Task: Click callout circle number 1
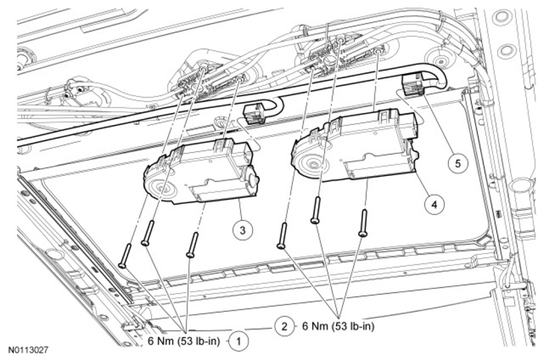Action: pos(239,341)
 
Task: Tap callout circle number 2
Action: pos(284,326)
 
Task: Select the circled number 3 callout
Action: pos(243,229)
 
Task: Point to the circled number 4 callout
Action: pos(434,205)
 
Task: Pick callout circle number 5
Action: pos(458,163)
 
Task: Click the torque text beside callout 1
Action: pos(184,341)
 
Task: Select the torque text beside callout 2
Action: pos(338,326)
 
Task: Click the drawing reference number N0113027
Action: pos(28,350)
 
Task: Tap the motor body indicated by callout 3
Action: pos(201,172)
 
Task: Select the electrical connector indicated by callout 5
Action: pos(413,85)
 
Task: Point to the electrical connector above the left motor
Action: pos(254,113)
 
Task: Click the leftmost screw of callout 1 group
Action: pos(124,256)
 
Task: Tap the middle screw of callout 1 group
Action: pos(148,234)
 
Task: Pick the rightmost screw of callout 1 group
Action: pos(192,245)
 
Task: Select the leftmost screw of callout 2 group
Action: pos(282,235)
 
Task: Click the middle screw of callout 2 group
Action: pos(315,210)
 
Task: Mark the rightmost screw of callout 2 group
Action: pos(363,223)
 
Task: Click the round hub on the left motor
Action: pos(161,189)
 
